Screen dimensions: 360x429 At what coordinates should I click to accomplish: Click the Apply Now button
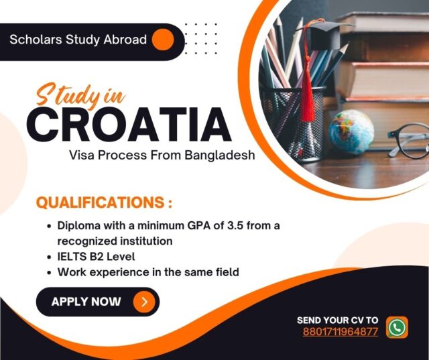click(x=97, y=302)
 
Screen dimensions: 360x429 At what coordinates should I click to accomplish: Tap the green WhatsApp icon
click(x=397, y=327)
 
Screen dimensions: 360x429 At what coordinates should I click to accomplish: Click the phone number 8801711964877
click(x=340, y=332)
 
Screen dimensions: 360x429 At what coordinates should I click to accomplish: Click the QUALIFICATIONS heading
click(x=103, y=202)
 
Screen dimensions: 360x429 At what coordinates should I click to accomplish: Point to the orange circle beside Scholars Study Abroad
click(x=163, y=40)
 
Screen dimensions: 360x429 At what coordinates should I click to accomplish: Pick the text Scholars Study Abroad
click(x=78, y=40)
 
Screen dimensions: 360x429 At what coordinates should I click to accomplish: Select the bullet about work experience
click(x=148, y=272)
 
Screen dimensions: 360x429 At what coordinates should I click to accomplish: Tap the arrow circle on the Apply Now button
click(x=143, y=302)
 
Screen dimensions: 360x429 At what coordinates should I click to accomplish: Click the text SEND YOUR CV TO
click(x=337, y=320)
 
